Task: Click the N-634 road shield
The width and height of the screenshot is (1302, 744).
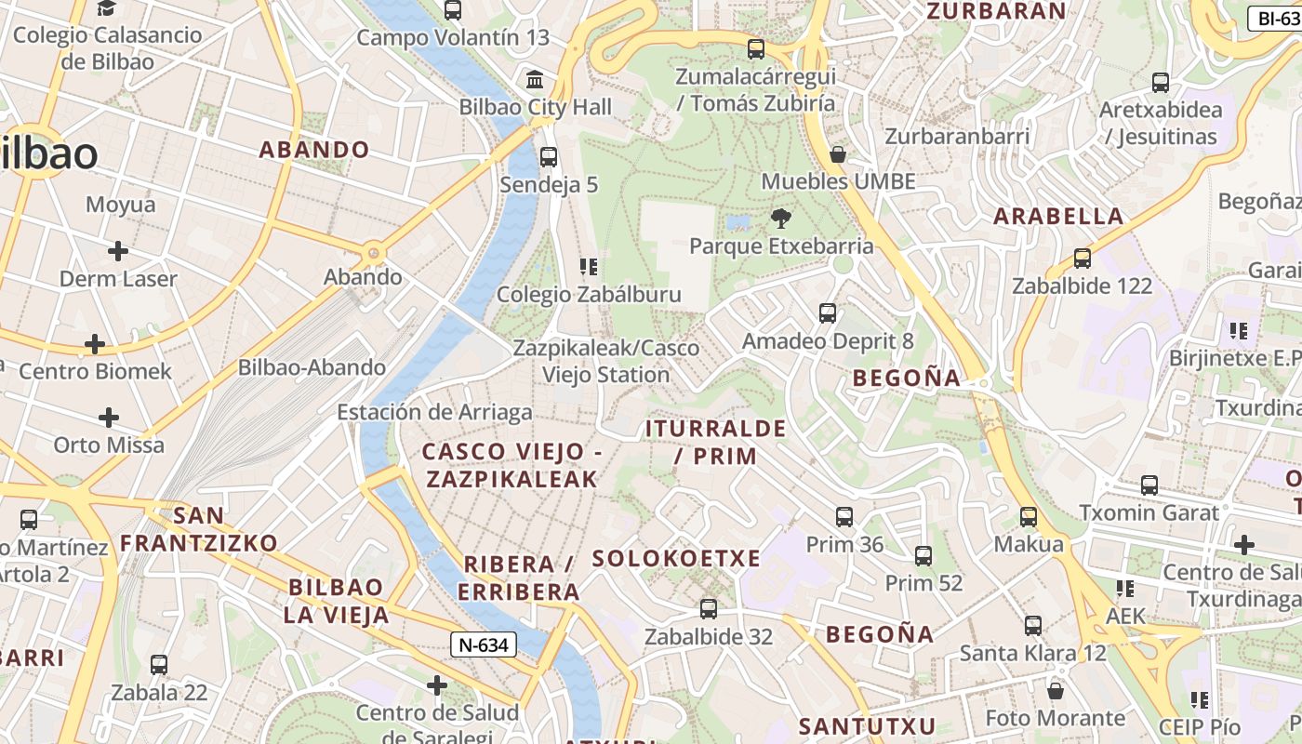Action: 483,644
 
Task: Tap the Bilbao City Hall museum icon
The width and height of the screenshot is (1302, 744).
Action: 535,80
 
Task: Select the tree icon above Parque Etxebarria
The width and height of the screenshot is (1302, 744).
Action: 780,219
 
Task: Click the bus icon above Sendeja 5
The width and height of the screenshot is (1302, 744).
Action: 549,156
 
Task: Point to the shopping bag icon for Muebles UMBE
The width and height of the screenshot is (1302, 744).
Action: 837,154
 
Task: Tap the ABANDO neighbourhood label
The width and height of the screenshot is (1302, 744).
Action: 313,150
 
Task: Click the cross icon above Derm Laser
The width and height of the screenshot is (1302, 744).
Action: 117,251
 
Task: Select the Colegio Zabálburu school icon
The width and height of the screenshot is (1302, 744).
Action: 588,268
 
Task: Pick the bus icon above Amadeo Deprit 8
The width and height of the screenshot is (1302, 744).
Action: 827,313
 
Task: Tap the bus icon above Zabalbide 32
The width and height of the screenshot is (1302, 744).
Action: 708,609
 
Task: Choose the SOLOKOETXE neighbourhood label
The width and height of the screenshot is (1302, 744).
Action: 676,559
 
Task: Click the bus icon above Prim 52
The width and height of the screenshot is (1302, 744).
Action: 923,556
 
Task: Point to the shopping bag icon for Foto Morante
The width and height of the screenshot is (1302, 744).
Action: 1055,691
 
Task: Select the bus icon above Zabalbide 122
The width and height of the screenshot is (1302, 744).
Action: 1082,259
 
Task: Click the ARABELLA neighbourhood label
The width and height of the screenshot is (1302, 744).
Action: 1058,217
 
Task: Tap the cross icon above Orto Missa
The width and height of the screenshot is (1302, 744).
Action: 109,417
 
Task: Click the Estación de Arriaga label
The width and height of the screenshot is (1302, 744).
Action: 434,412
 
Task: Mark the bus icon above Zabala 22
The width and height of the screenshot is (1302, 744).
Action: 159,665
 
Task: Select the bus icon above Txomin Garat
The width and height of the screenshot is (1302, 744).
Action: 1149,485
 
